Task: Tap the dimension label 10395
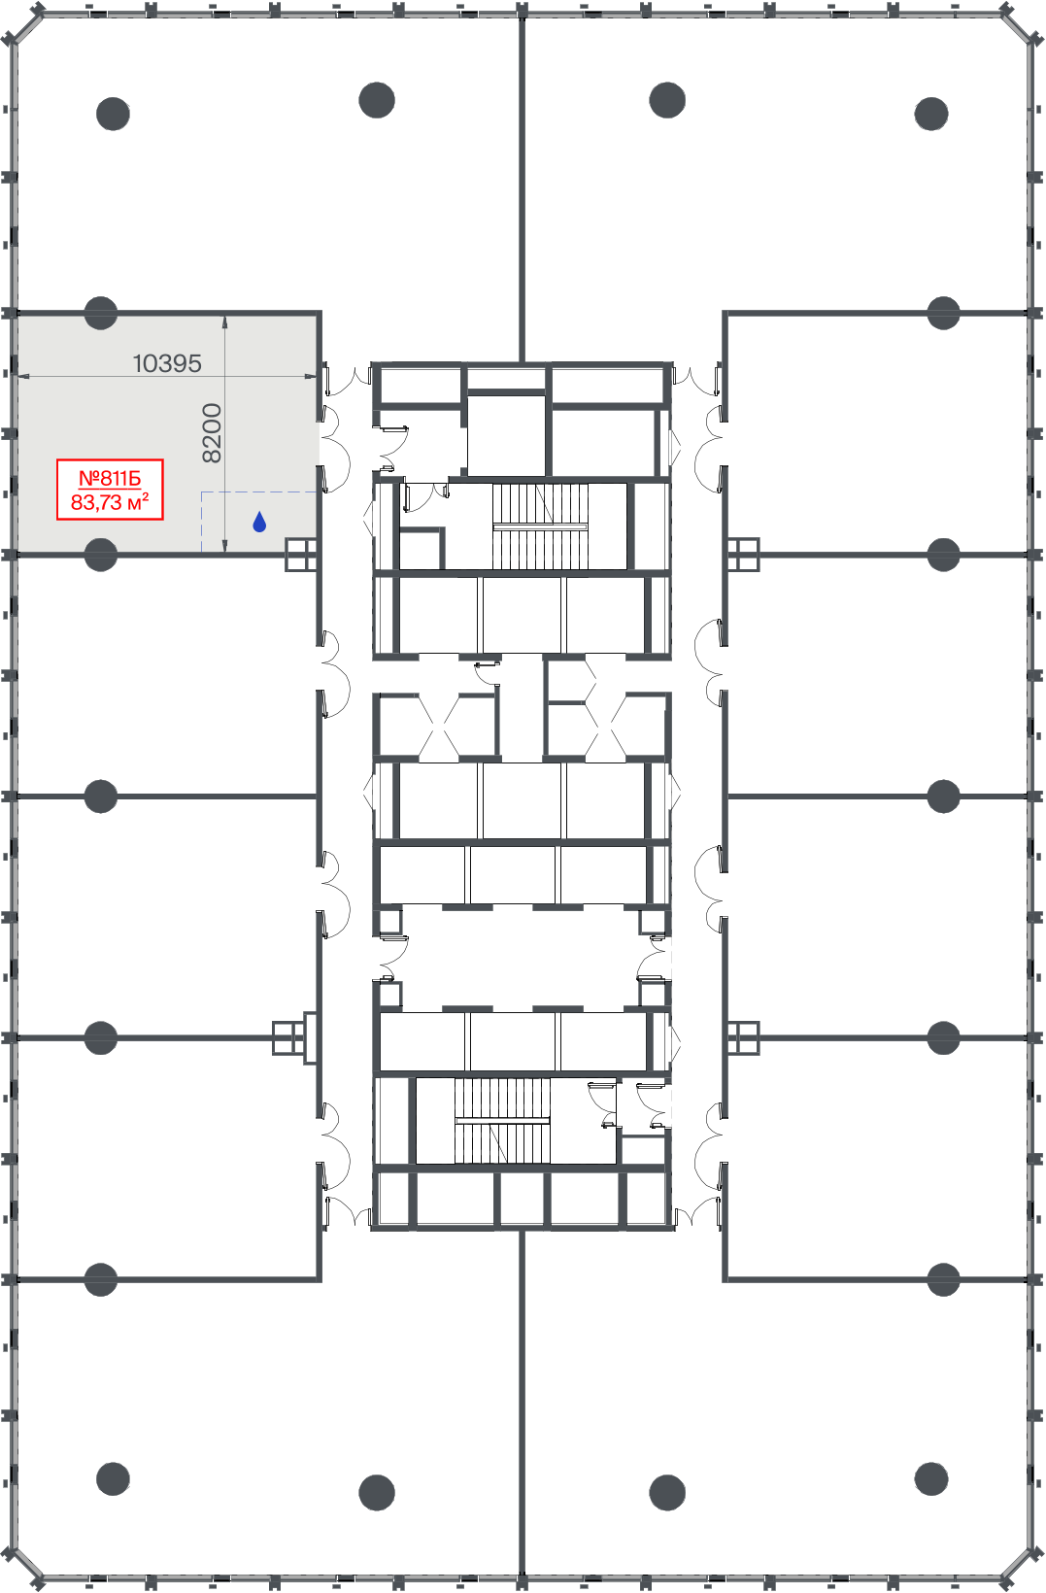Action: (x=167, y=363)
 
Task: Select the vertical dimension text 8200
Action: (x=212, y=433)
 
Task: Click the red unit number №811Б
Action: (x=110, y=479)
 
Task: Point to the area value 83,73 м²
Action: (x=110, y=502)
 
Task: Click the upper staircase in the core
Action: (x=540, y=526)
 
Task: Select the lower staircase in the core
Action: (x=502, y=1121)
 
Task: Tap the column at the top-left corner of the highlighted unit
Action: (x=101, y=313)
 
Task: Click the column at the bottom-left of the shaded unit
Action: (x=101, y=555)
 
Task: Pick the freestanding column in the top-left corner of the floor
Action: (x=113, y=114)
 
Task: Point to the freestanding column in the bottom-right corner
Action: (x=931, y=1479)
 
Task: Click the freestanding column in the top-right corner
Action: (x=931, y=114)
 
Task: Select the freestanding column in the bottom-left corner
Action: (x=113, y=1479)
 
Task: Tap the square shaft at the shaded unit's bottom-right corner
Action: (x=301, y=555)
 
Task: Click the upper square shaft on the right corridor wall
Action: (x=744, y=555)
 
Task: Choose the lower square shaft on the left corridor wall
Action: (x=288, y=1038)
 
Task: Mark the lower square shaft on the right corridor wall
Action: (x=744, y=1038)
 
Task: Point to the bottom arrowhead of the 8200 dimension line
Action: (x=224, y=548)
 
